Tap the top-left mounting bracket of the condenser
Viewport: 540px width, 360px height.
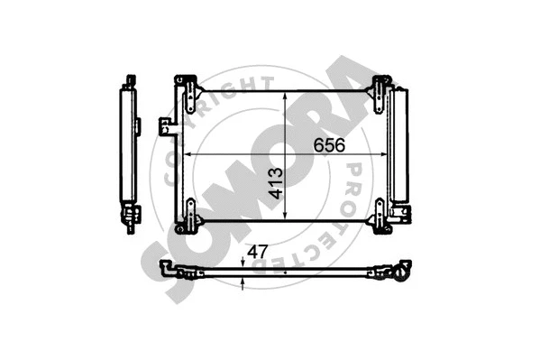[188, 87]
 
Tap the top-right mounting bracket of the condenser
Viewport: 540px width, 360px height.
[380, 88]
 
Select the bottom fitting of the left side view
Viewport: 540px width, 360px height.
[133, 217]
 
